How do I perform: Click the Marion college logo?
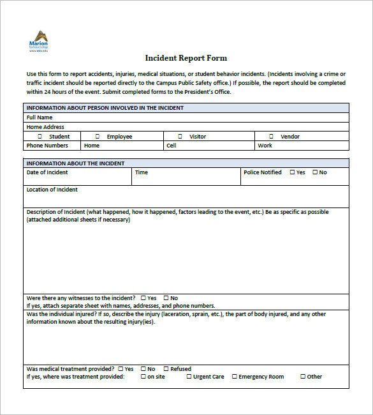coord(39,40)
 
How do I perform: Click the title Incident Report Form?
coord(186,58)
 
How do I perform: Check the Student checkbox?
coord(40,136)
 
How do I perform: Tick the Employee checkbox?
coord(98,136)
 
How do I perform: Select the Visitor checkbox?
coord(180,136)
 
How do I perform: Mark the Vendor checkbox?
coord(271,136)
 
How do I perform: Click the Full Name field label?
coord(40,117)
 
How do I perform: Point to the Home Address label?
coord(45,127)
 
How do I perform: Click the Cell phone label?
coord(172,146)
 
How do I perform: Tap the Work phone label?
coord(265,146)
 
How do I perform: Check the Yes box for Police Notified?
coord(293,172)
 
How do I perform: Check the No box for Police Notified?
coord(315,172)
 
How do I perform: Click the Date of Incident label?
coord(47,172)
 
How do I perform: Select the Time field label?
coord(142,172)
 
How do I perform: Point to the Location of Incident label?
coord(52,190)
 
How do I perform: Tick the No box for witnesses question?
coord(166,298)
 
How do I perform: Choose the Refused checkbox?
coord(166,368)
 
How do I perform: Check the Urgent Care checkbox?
coord(189,376)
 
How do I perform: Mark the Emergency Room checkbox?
coord(235,376)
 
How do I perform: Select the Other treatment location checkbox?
coord(303,376)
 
